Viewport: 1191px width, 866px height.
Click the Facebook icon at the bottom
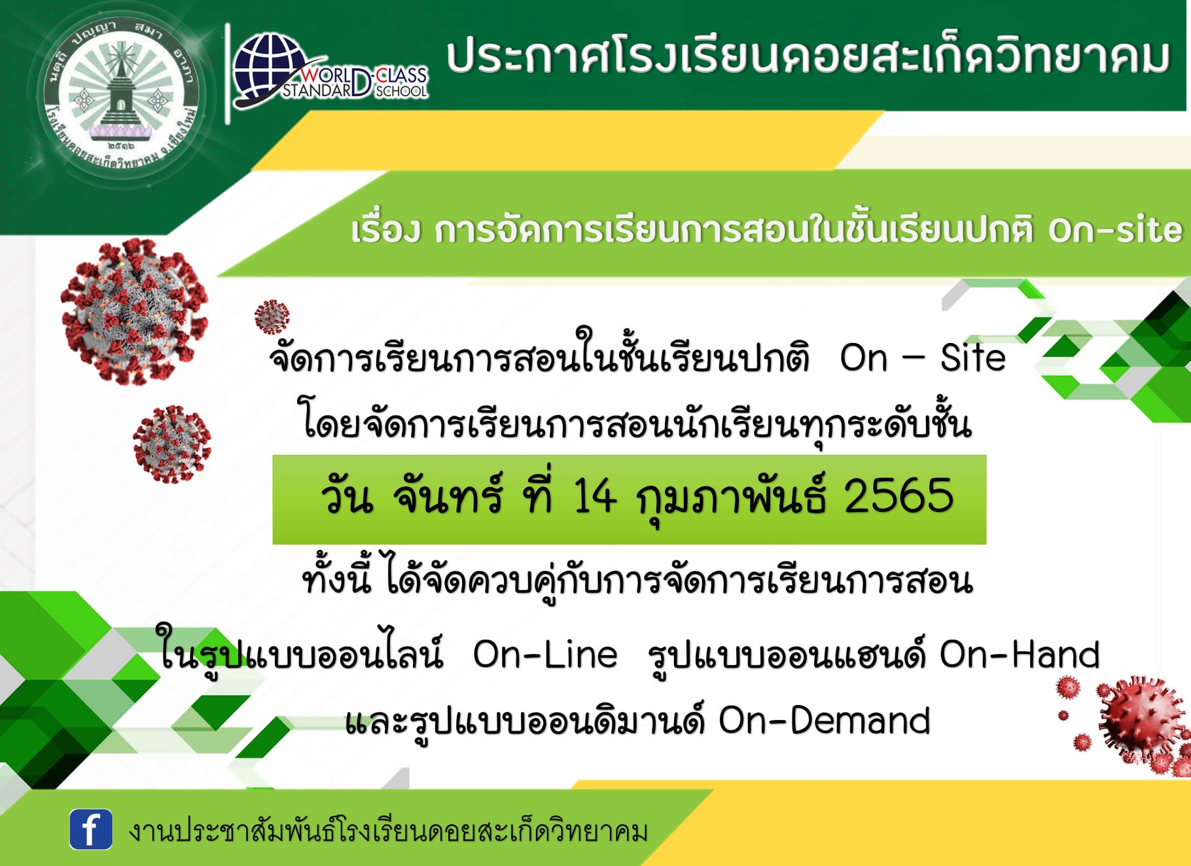(x=91, y=829)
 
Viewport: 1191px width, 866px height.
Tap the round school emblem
(x=122, y=96)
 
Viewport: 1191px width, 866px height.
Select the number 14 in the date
(x=594, y=496)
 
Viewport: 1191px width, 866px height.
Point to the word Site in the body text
(x=973, y=358)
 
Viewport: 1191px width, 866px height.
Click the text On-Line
(x=545, y=655)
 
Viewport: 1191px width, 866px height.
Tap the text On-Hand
(x=1020, y=655)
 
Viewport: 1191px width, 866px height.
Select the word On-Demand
(x=825, y=721)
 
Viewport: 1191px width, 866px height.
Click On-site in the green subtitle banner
(x=1116, y=230)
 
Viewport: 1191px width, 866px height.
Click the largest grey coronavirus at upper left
(x=134, y=311)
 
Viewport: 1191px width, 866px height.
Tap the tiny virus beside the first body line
(x=272, y=317)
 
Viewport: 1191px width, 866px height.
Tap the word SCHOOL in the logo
(x=401, y=92)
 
